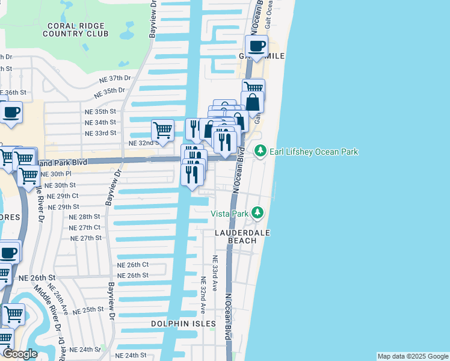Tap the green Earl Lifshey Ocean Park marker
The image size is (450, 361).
260,151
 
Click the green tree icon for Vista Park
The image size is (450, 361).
257,212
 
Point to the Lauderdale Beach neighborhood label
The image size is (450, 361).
241,236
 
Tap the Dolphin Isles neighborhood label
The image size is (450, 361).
183,324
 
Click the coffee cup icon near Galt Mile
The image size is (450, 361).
256,46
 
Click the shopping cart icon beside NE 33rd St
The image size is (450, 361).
162,129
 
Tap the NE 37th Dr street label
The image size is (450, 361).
115,78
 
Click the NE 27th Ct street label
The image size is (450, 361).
85,227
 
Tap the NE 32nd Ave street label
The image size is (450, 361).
203,295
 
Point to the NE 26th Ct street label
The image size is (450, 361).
132,265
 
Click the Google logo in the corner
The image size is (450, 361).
20,354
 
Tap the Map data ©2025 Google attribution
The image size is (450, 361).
413,356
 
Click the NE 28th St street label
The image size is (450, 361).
84,217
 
